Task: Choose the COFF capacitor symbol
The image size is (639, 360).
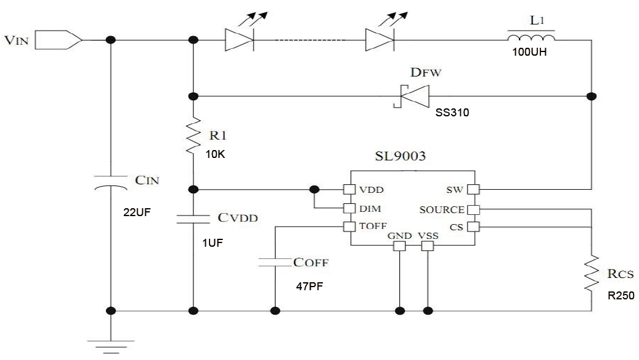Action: [274, 263]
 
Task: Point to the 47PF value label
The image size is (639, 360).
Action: [308, 285]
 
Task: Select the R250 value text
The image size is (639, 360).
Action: [621, 295]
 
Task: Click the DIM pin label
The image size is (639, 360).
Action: [369, 208]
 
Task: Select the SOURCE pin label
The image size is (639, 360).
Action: [440, 209]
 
